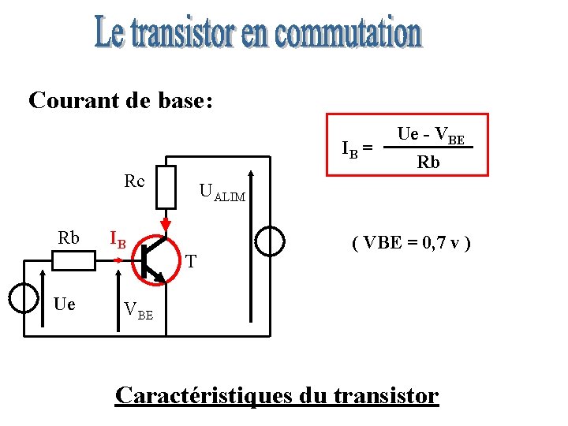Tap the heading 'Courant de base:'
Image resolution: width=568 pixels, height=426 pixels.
click(x=121, y=101)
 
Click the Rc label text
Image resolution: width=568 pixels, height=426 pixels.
click(x=134, y=181)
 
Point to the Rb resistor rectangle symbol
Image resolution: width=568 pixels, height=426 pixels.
click(x=73, y=258)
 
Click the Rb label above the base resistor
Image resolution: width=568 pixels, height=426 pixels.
click(x=69, y=237)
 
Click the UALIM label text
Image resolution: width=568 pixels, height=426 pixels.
click(x=222, y=192)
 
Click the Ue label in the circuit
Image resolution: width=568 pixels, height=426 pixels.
click(x=65, y=304)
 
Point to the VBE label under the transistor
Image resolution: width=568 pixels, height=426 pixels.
click(x=139, y=310)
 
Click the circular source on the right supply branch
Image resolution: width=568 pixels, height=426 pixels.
click(x=269, y=241)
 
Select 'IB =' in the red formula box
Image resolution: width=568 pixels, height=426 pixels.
click(x=357, y=148)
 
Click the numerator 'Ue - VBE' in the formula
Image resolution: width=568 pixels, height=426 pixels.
click(x=431, y=135)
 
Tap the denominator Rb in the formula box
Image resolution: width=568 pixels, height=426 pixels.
click(x=428, y=163)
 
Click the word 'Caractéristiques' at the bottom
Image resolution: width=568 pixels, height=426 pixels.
click(x=204, y=394)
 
